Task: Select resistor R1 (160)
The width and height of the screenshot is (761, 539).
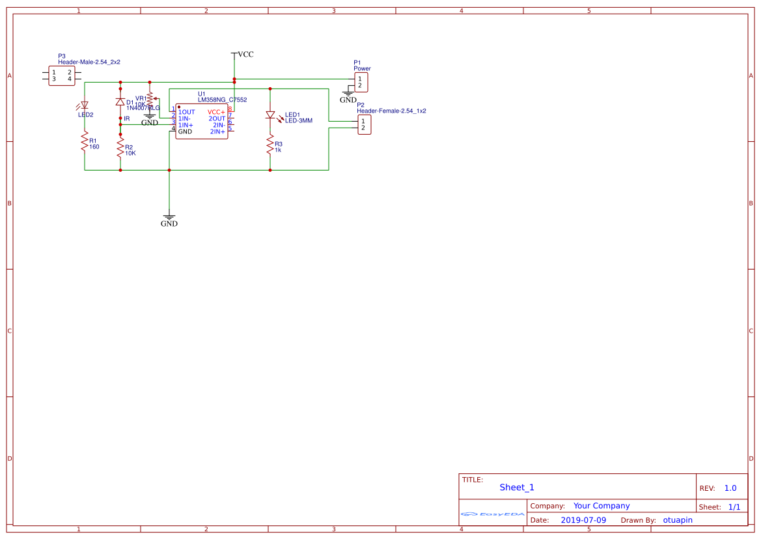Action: (x=84, y=142)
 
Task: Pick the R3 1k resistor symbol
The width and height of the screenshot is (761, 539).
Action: (x=270, y=145)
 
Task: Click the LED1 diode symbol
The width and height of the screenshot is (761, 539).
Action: (x=270, y=115)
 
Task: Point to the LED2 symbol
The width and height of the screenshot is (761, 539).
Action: (x=84, y=105)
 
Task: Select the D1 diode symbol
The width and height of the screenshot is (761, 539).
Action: (x=120, y=102)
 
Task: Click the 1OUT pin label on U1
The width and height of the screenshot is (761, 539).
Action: (x=186, y=112)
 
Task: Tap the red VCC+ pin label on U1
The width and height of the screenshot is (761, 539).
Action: (x=216, y=112)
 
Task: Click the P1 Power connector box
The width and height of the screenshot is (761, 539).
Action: (x=361, y=82)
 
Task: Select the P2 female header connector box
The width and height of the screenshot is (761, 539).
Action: (x=365, y=124)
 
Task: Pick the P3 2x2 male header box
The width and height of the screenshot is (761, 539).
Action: (x=62, y=75)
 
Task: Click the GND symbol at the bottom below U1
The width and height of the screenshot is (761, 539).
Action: (x=169, y=219)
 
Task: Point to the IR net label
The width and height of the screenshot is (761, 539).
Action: (x=127, y=118)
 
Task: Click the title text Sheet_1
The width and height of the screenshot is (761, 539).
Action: (x=517, y=487)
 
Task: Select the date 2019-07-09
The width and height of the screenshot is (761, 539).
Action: (x=583, y=520)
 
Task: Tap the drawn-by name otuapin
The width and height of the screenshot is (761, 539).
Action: (x=678, y=520)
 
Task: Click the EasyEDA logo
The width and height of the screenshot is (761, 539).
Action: (x=492, y=514)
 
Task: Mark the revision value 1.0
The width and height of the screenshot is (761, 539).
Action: (x=730, y=488)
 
